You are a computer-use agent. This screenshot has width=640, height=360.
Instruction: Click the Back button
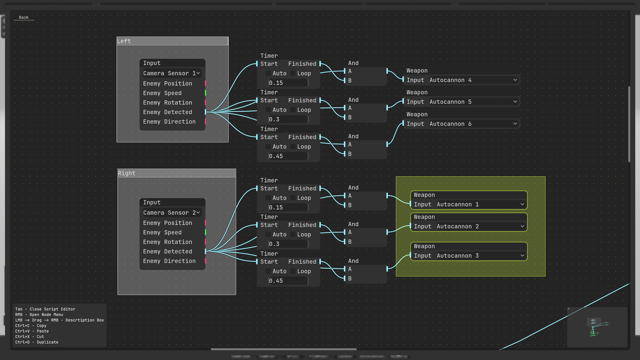coord(24,17)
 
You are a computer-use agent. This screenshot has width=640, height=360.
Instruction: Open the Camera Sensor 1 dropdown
coord(172,73)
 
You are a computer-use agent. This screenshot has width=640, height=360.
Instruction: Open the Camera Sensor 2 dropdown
coord(172,213)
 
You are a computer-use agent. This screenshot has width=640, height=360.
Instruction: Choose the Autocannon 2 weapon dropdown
coord(480,226)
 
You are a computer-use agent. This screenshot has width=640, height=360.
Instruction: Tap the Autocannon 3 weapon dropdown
coord(480,256)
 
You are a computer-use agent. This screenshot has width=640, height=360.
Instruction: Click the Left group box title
coord(172,41)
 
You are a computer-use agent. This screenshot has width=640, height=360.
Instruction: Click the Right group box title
coord(176,173)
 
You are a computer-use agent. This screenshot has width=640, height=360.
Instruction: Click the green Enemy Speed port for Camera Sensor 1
coord(205,93)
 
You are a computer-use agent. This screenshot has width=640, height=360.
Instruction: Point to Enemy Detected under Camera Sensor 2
coord(167,252)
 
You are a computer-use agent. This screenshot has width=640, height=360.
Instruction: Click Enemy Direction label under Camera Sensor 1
coord(169,122)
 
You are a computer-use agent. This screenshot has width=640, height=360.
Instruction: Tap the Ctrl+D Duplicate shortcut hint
coord(37,342)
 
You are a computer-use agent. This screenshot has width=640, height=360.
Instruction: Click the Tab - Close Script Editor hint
coord(45,309)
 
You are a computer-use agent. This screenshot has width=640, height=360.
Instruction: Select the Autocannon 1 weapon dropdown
coord(480,204)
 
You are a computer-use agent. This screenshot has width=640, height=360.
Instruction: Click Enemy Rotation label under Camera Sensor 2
coord(167,242)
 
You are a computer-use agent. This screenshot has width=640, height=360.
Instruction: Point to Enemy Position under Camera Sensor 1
coord(167,84)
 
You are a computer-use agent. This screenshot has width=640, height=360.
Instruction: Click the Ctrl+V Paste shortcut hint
coord(32,331)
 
